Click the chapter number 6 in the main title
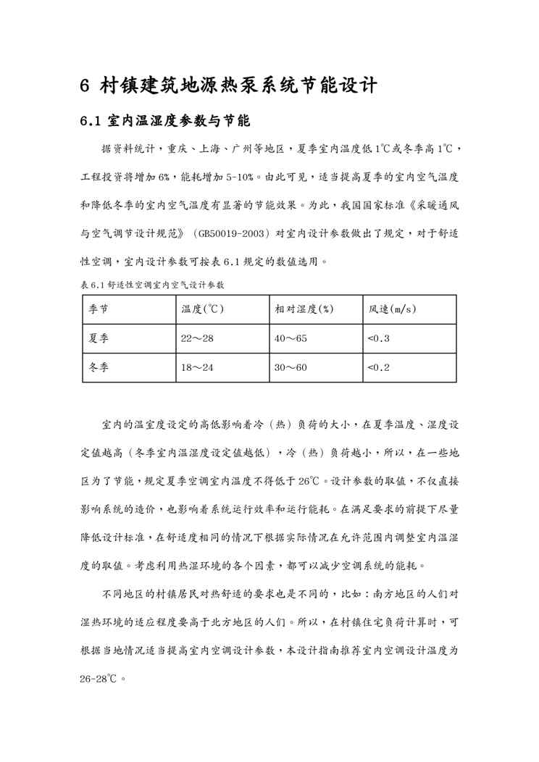85,86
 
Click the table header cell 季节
99,309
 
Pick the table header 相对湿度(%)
304,309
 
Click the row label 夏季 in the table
99,338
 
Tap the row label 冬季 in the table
99,367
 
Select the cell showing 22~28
197,338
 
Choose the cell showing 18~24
197,367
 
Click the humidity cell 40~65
291,338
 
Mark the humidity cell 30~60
291,367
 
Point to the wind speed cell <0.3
379,338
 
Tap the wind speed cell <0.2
379,367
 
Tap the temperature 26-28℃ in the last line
99,679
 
